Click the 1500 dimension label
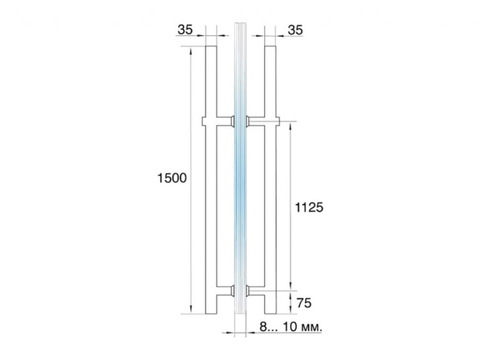click(x=172, y=178)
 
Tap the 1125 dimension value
click(x=309, y=208)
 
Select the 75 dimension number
click(x=304, y=303)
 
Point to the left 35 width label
click(x=185, y=30)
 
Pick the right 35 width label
click(x=295, y=30)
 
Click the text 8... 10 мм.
click(x=291, y=327)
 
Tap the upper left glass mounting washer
click(x=232, y=121)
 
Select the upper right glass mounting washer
click(x=248, y=121)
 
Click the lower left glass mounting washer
click(x=232, y=291)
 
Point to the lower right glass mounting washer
click(x=248, y=291)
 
